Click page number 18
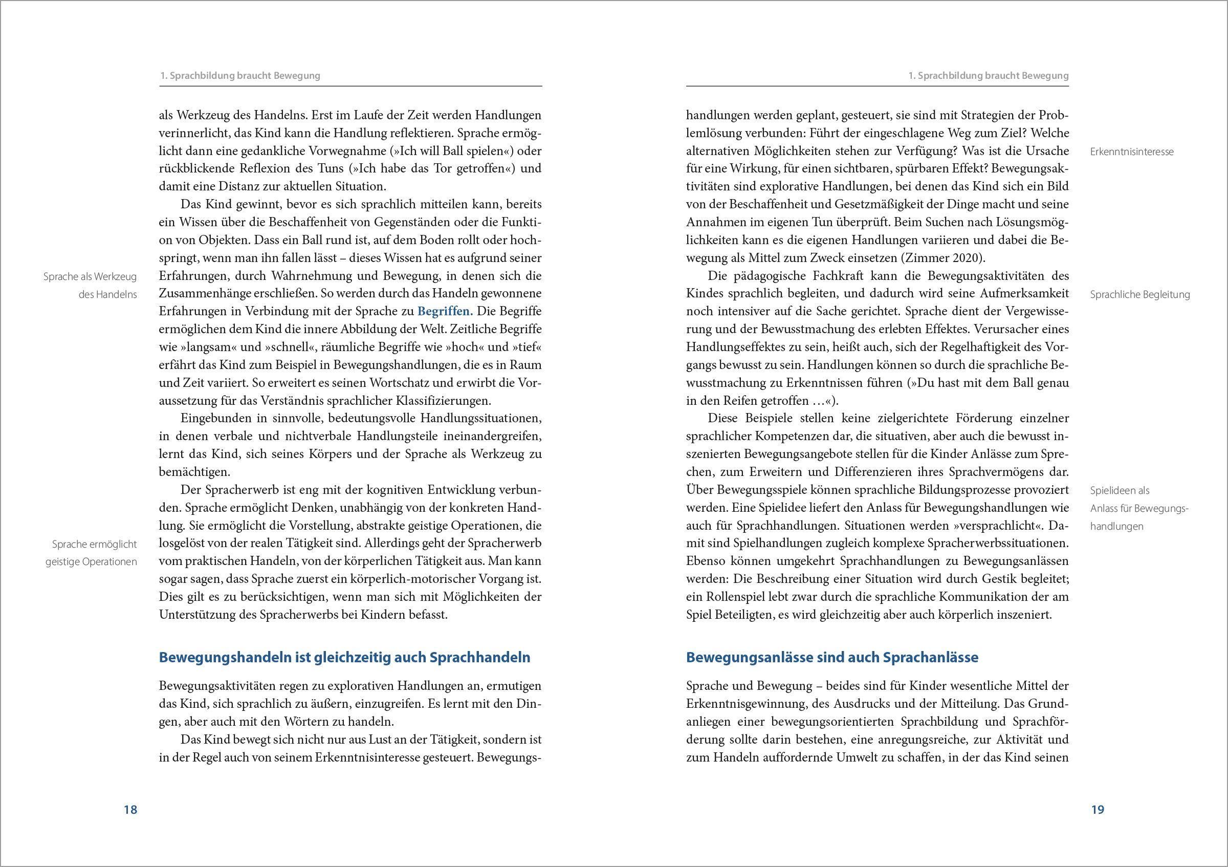click(x=130, y=810)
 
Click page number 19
click(x=1098, y=810)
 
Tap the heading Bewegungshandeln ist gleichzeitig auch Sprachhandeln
click(x=344, y=657)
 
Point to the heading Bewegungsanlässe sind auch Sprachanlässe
click(x=832, y=657)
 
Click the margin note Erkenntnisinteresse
click(x=1132, y=152)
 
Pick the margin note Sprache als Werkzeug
click(x=90, y=276)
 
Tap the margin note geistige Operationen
click(x=91, y=562)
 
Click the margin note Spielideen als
click(x=1120, y=490)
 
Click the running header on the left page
click(x=240, y=76)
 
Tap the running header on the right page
click(x=989, y=76)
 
